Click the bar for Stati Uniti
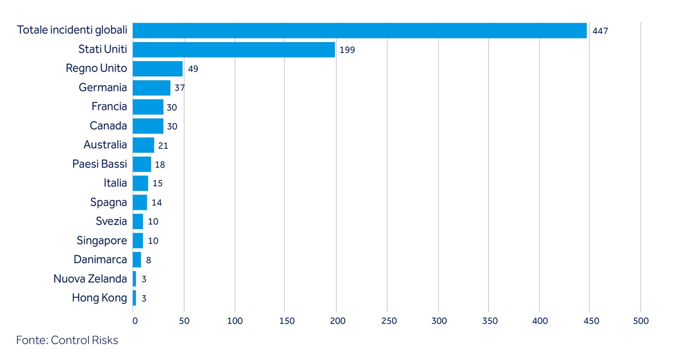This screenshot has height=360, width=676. click(233, 50)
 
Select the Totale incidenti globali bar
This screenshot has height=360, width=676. click(359, 31)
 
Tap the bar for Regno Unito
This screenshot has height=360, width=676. click(157, 69)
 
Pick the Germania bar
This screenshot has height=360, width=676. click(151, 88)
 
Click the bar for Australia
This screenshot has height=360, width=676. click(143, 145)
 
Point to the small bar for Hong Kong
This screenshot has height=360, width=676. click(134, 298)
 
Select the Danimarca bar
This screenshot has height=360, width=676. click(137, 260)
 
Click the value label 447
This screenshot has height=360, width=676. click(600, 31)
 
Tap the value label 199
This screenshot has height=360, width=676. click(347, 50)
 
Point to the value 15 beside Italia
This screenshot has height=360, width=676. click(157, 183)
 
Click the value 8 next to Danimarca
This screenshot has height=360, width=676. click(148, 260)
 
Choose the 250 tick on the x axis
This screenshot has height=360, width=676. click(389, 321)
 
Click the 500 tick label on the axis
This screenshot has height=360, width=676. click(641, 321)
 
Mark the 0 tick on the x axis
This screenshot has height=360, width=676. click(135, 321)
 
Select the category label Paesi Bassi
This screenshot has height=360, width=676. click(99, 164)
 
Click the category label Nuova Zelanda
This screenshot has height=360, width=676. click(90, 279)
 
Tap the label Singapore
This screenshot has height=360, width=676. click(102, 241)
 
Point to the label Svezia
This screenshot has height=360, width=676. click(111, 221)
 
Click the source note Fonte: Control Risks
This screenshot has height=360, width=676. click(67, 340)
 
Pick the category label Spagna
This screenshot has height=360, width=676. click(108, 202)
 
